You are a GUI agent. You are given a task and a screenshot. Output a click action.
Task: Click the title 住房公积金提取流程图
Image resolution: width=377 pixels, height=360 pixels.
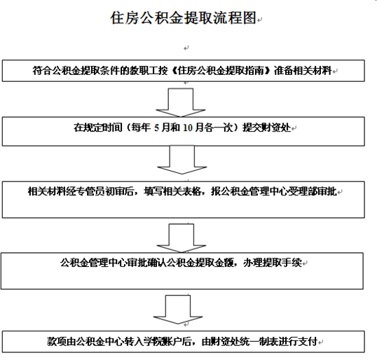(183, 18)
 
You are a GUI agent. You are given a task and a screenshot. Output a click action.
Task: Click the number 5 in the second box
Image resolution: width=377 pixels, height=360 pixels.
(156, 127)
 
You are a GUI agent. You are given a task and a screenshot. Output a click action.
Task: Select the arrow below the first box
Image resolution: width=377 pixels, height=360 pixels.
(181, 102)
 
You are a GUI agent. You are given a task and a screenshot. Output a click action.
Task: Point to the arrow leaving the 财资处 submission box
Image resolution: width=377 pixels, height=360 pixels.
(182, 159)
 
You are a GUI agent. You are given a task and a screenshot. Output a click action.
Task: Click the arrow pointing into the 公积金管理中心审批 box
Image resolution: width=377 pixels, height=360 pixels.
(181, 238)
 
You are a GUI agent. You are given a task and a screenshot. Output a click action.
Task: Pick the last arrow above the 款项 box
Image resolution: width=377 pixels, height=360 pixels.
(178, 310)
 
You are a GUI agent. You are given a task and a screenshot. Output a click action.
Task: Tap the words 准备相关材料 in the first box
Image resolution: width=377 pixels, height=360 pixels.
(303, 71)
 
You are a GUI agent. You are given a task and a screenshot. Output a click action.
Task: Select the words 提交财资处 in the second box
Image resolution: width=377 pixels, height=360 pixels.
(267, 127)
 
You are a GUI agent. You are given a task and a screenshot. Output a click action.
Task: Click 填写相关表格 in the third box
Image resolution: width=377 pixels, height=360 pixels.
(172, 191)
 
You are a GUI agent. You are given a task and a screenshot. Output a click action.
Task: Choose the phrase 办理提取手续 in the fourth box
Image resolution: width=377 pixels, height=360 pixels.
(273, 263)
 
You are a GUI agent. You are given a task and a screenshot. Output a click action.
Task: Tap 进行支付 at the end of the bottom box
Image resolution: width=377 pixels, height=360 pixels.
(299, 342)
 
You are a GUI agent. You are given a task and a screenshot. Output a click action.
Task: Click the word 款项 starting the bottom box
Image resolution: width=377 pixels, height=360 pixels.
(57, 342)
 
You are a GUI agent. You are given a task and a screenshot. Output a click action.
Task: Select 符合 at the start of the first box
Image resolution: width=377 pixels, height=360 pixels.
(42, 71)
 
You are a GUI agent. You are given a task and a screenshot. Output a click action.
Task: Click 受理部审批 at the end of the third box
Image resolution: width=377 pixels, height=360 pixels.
(313, 191)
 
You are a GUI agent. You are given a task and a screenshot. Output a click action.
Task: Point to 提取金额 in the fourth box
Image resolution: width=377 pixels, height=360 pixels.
(214, 263)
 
